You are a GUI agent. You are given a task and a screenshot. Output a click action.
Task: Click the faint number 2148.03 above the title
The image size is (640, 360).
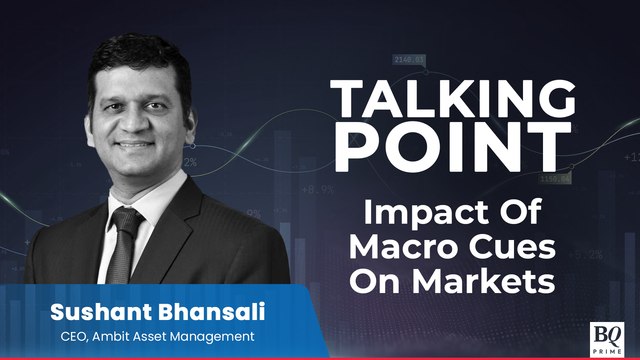click(x=410, y=60)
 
